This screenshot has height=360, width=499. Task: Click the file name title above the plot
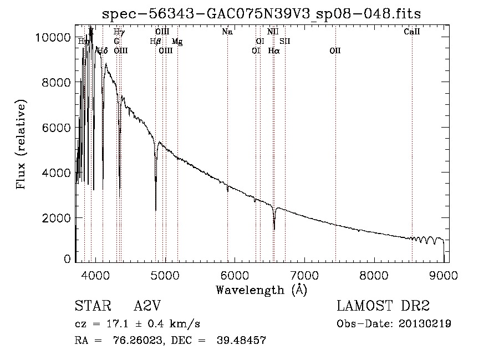click(262, 14)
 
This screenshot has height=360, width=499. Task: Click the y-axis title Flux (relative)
click(22, 145)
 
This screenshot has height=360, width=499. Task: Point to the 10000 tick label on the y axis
click(52, 37)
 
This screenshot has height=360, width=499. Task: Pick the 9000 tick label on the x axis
click(443, 273)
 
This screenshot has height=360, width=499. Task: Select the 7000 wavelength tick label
click(304, 273)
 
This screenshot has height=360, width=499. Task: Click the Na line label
click(227, 32)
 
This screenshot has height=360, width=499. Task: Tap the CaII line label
click(412, 32)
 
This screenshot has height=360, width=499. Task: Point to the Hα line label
click(274, 50)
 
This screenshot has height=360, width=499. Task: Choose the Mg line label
click(177, 42)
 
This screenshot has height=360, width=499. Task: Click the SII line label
click(285, 41)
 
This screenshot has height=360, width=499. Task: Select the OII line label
click(335, 50)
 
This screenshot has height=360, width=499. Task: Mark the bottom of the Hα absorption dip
click(274, 229)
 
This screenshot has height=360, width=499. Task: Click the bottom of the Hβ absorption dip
click(156, 210)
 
